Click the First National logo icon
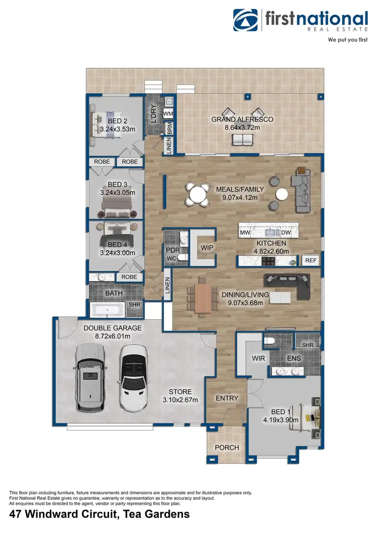click(245, 20)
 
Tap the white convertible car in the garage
click(134, 377)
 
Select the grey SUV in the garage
click(90, 378)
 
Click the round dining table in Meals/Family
click(197, 194)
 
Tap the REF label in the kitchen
click(310, 260)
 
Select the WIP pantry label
click(207, 248)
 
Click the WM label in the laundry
click(168, 114)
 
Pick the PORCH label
click(227, 448)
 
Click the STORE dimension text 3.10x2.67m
click(179, 400)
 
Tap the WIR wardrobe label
click(258, 359)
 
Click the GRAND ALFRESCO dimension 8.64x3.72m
click(242, 129)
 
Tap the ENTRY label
click(227, 398)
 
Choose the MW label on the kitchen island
click(245, 233)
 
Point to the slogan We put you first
click(348, 39)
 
